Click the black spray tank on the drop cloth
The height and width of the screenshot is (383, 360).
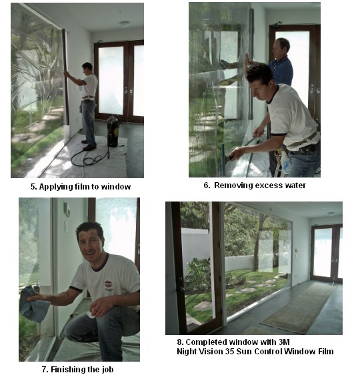113,131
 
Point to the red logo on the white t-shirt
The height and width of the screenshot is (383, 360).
107,284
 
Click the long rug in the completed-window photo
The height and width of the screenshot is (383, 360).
299,308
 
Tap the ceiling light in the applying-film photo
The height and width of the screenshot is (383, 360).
125,23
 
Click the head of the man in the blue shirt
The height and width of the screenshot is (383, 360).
281,47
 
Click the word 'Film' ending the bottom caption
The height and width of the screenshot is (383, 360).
326,352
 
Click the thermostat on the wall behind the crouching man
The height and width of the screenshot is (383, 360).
67,210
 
